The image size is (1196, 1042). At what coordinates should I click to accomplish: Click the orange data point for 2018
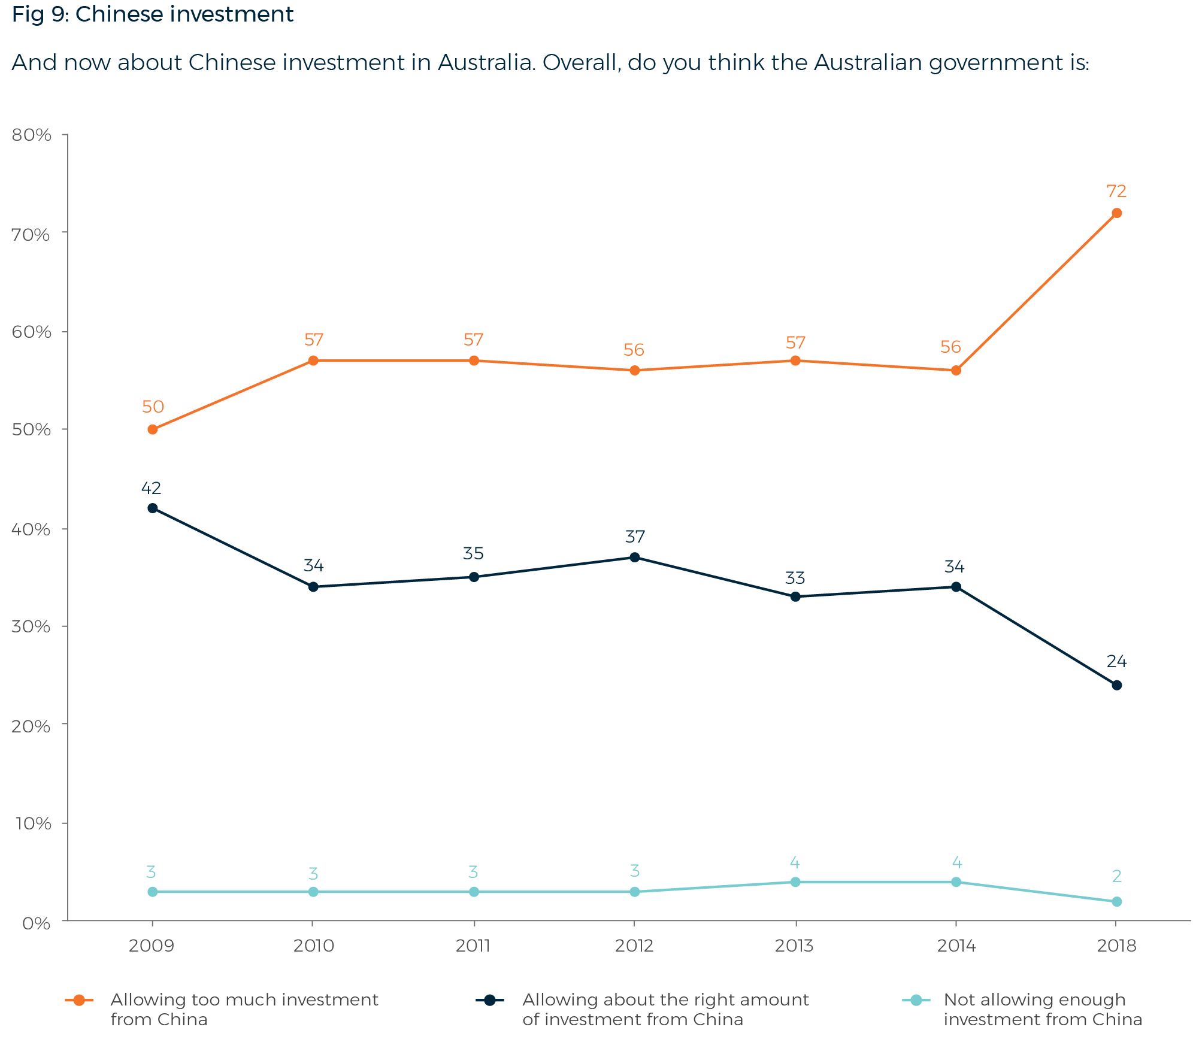1116,213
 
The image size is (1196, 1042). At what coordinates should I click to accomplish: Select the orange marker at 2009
153,429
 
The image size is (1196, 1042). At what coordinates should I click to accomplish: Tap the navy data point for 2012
635,558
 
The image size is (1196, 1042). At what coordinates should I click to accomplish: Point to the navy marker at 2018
1116,685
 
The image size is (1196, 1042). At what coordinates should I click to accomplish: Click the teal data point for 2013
795,882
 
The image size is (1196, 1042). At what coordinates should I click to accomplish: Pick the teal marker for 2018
1116,902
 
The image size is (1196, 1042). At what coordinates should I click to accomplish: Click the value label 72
1116,192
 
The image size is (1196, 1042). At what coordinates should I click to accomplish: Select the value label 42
151,488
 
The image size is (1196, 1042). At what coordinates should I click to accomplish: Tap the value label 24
1116,662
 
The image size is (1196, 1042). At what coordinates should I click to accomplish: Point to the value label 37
635,537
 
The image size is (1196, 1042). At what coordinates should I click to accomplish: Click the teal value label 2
1116,877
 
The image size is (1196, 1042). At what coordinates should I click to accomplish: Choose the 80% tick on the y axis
32,135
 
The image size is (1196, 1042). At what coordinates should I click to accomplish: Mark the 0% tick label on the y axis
36,923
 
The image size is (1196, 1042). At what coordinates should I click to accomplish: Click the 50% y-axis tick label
32,430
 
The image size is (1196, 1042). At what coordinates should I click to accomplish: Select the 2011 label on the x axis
473,946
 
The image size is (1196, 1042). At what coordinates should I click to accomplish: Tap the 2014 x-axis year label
956,946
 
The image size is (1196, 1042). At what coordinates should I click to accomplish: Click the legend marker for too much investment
79,1000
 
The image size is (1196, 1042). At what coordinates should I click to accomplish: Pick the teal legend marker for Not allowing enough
916,1000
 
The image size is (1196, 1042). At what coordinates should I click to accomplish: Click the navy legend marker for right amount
490,1000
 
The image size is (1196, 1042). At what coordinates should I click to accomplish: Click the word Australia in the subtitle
485,63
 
